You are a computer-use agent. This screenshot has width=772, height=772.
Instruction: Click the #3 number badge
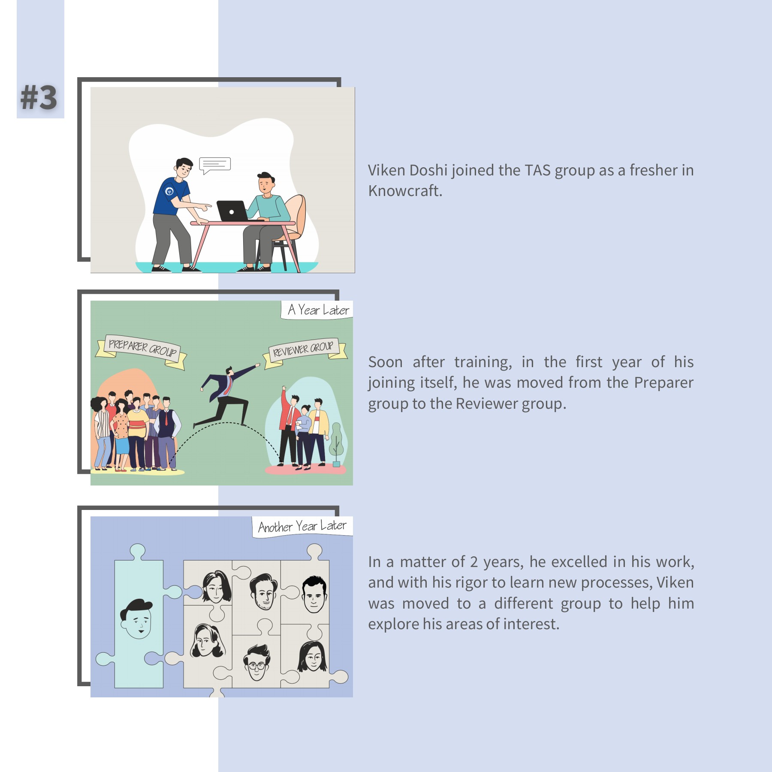[39, 98]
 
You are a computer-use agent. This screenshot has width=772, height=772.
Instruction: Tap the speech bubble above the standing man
[215, 165]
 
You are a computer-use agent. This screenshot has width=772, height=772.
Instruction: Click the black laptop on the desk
[232, 211]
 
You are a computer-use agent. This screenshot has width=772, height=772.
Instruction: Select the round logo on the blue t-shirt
[169, 191]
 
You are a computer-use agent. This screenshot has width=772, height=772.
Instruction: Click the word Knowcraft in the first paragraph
[404, 191]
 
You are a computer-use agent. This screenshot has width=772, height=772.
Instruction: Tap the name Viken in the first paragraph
[386, 170]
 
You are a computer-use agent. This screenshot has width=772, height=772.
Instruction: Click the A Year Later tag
[318, 310]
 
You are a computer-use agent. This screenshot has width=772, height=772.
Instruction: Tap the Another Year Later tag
[302, 526]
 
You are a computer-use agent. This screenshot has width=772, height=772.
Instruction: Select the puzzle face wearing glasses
[256, 663]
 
